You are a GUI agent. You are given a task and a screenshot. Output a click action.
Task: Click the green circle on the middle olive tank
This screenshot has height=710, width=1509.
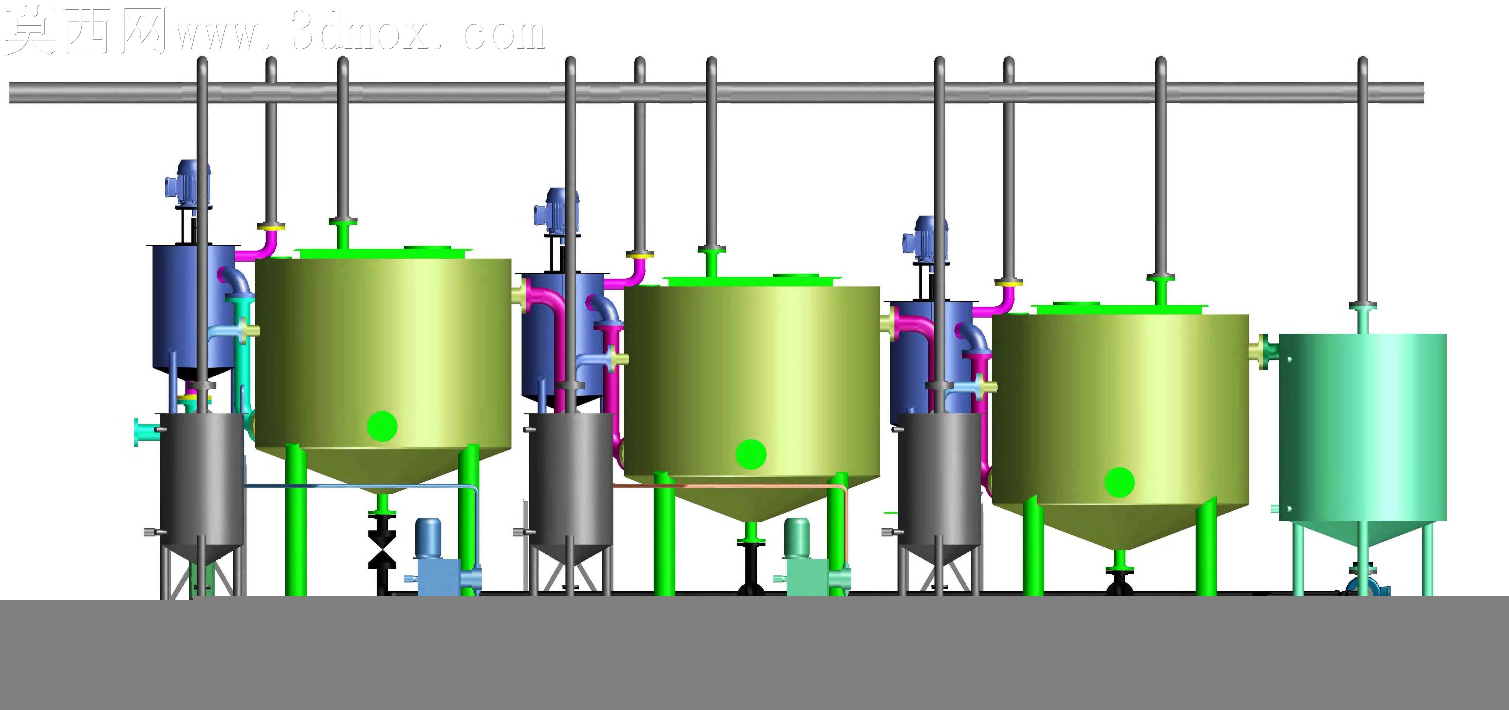click(751, 454)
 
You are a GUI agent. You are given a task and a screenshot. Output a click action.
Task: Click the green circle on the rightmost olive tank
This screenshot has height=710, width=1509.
click(1119, 482)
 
